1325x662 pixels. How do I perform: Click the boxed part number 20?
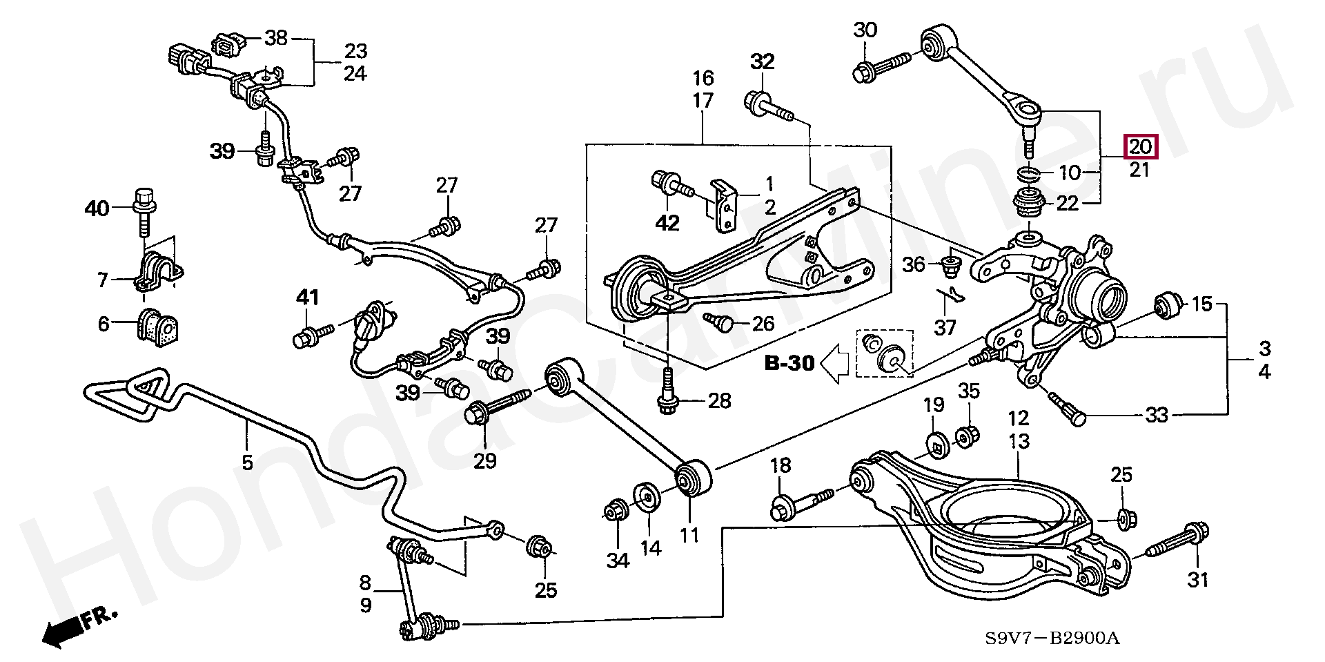(x=1140, y=147)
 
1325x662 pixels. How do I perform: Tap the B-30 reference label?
(x=789, y=363)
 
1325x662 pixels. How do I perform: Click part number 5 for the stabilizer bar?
(x=247, y=461)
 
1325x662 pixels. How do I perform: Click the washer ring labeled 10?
(x=1029, y=173)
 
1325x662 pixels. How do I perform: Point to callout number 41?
(x=307, y=298)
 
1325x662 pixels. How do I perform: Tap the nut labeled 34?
(x=614, y=512)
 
